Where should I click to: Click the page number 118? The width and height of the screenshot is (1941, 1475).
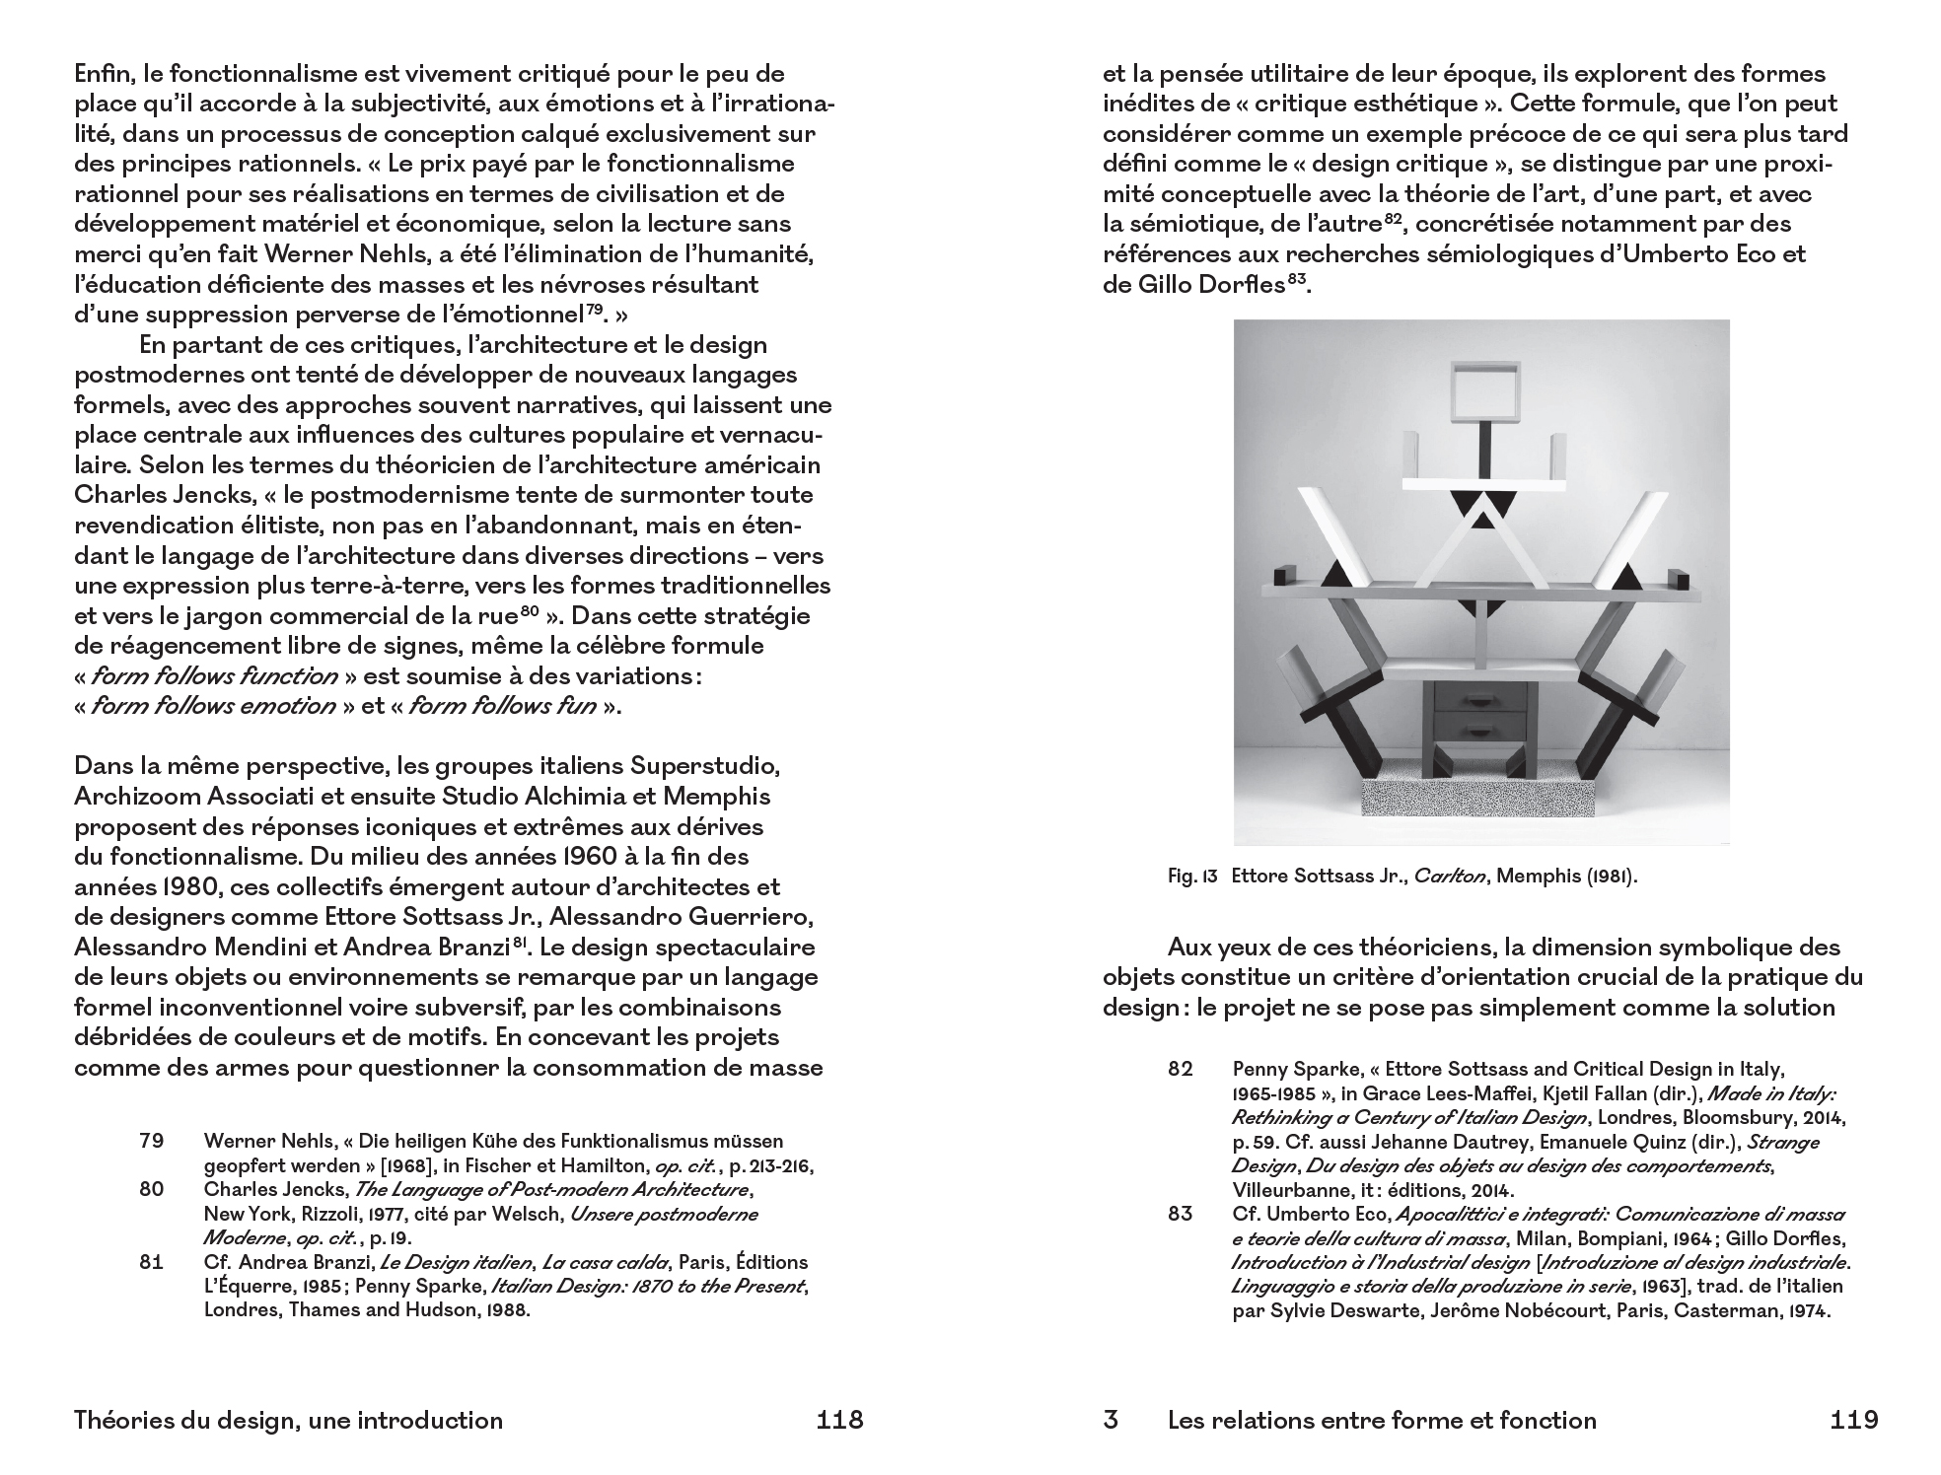click(839, 1420)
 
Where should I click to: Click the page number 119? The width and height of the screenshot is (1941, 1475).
click(1853, 1420)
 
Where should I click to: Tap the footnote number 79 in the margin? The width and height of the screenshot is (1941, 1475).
click(151, 1141)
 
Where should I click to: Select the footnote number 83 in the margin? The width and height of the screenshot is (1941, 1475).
click(1180, 1214)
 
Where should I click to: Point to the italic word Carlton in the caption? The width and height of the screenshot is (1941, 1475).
click(1450, 876)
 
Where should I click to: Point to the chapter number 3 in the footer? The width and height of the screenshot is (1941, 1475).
click(1111, 1420)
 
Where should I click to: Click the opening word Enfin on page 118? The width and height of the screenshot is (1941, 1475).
click(105, 73)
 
